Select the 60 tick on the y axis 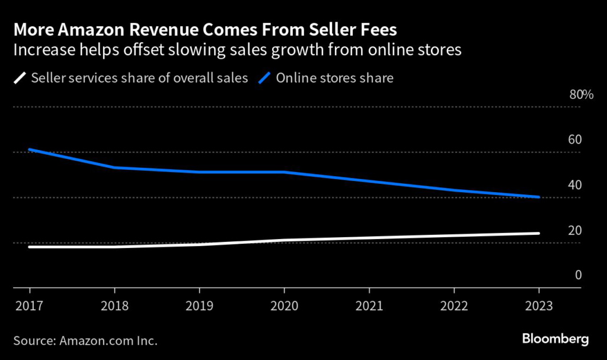point(576,140)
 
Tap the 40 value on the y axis point(576,185)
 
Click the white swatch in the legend point(20,78)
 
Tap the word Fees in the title point(376,30)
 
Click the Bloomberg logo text point(555,340)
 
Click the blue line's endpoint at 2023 point(538,197)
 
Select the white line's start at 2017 point(30,247)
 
